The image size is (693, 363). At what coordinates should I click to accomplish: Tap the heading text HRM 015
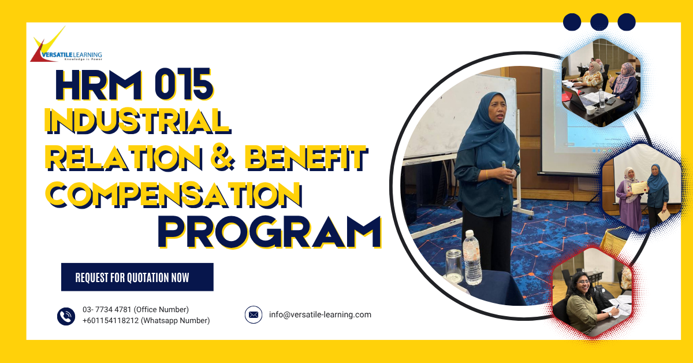point(134,85)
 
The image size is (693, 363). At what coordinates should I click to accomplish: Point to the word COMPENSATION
point(174,194)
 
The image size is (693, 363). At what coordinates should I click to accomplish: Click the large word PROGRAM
point(269,232)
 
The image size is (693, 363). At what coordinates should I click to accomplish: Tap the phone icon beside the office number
point(66,316)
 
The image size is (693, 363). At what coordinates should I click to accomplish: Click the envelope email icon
point(253,315)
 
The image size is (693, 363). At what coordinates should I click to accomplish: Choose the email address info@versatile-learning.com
point(320,315)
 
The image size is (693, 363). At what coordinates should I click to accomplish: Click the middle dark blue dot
point(599,22)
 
